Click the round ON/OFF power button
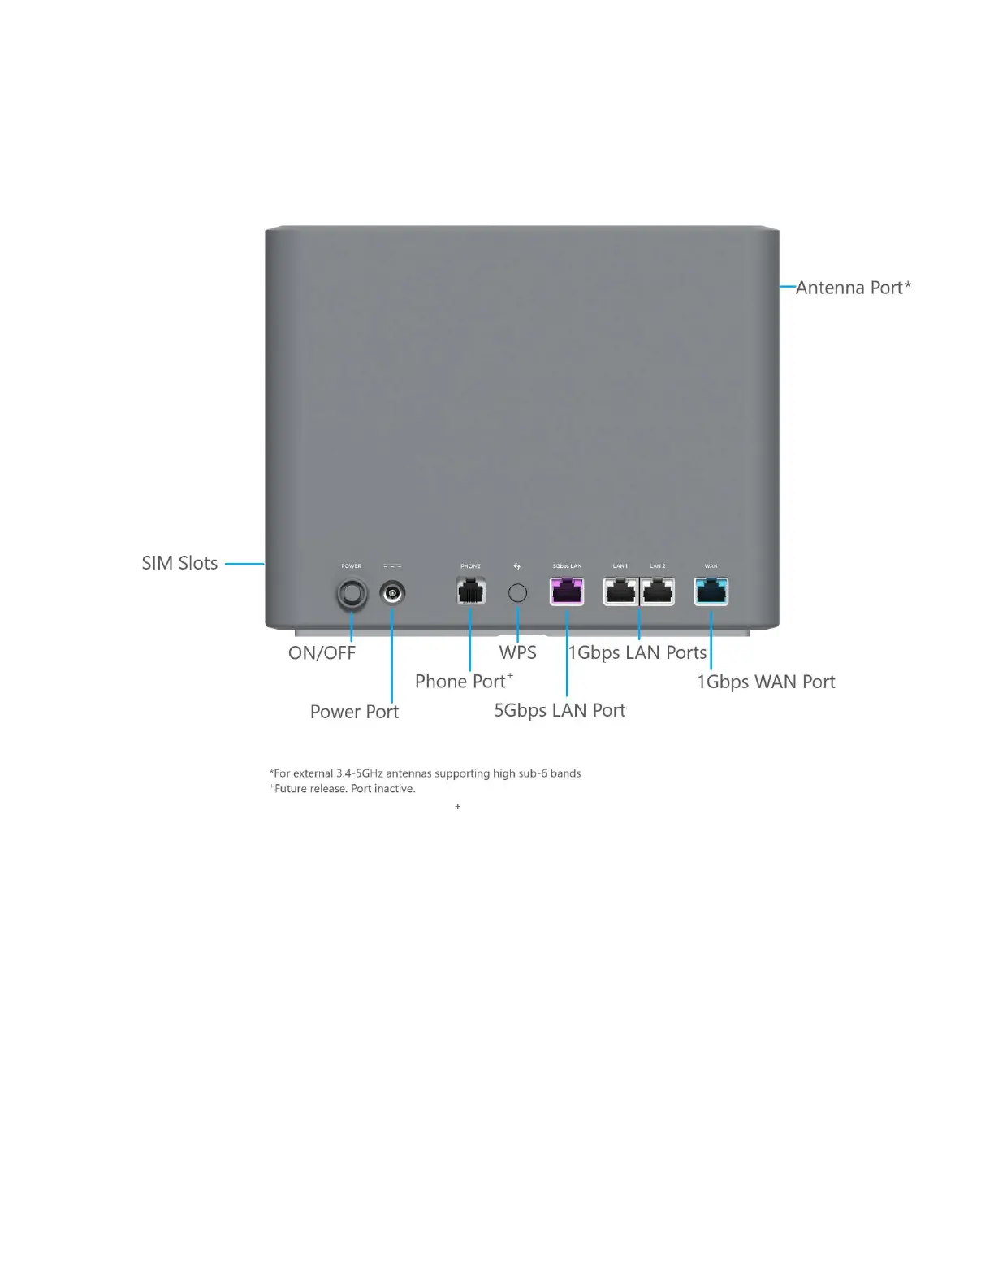coord(352,594)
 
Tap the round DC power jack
coord(392,594)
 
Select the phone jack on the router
coord(471,591)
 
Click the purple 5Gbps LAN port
coord(567,591)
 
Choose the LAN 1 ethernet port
coord(620,591)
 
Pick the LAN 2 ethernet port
coord(658,591)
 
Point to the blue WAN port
coord(711,591)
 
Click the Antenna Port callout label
coord(853,288)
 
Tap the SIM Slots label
coord(179,563)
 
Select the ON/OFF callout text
coord(322,653)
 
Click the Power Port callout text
coord(354,712)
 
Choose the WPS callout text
coord(517,652)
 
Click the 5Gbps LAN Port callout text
coord(560,710)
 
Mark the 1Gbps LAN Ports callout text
coord(637,652)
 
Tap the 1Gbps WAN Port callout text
coord(766,682)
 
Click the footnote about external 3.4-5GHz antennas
coord(425,773)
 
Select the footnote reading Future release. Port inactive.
coord(342,789)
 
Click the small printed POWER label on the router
coord(352,566)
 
